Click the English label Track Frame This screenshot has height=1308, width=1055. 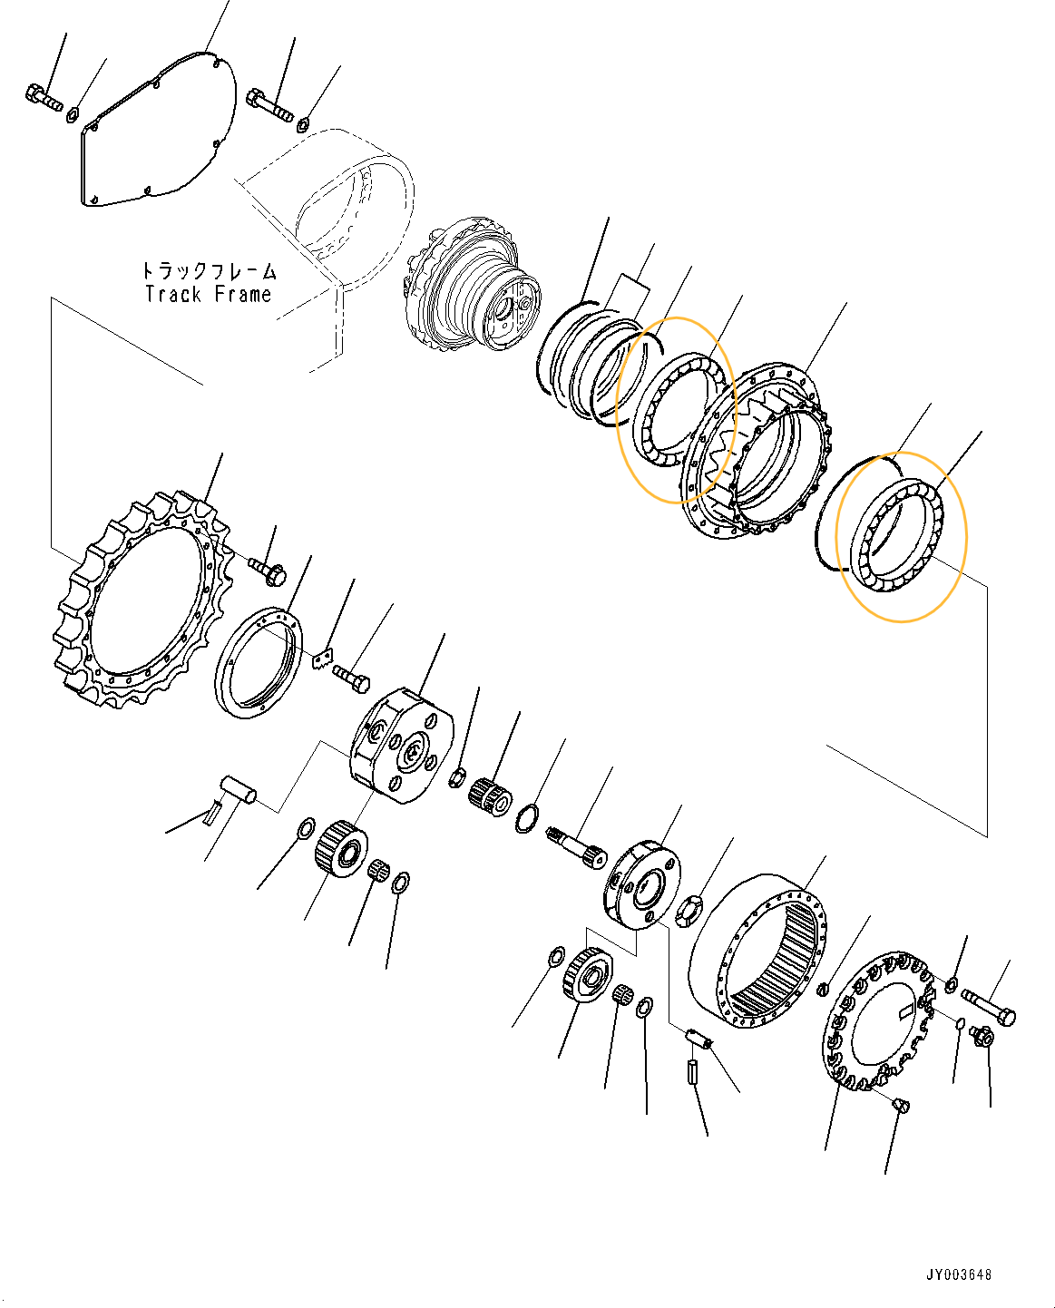(208, 295)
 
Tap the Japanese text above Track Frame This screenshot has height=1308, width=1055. (208, 270)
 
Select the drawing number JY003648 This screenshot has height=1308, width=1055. (959, 1274)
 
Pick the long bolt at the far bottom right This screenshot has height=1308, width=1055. (988, 1006)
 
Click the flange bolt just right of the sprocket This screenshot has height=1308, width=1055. (268, 571)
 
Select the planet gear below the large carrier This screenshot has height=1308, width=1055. (340, 849)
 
